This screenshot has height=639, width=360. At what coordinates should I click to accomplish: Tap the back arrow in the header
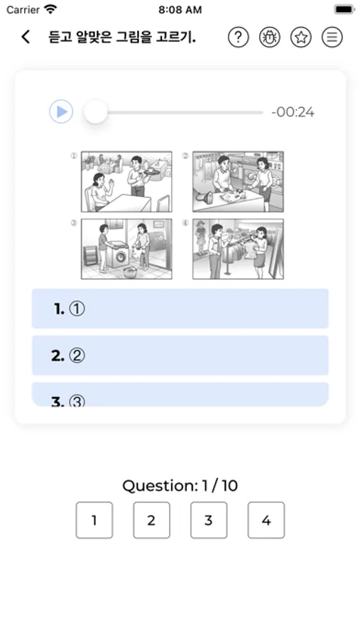click(x=26, y=37)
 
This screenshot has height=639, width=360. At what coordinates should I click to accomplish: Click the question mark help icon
click(x=238, y=37)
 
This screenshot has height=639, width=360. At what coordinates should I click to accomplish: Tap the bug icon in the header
click(x=270, y=37)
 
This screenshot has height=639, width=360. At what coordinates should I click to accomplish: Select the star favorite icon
click(x=301, y=37)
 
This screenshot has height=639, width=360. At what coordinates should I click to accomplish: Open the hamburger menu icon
click(x=332, y=37)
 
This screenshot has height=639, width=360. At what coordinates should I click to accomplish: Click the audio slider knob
click(x=95, y=111)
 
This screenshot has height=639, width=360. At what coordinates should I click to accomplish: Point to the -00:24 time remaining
click(x=293, y=112)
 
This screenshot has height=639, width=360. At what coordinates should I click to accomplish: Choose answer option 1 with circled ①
click(x=180, y=309)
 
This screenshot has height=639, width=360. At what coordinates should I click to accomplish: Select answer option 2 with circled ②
click(x=180, y=356)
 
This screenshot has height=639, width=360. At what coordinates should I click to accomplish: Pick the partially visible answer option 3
click(x=180, y=394)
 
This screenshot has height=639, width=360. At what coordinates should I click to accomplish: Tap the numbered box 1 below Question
click(x=94, y=520)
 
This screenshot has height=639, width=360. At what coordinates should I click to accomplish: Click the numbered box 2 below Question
click(x=152, y=520)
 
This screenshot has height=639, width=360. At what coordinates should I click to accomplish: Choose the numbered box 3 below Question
click(x=209, y=520)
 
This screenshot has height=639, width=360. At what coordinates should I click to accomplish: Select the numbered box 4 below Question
click(x=266, y=520)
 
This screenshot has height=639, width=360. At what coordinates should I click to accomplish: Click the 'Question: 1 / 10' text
click(x=180, y=486)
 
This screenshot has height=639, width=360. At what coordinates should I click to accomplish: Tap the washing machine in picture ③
click(x=117, y=255)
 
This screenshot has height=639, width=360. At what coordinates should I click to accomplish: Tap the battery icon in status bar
click(x=344, y=9)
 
